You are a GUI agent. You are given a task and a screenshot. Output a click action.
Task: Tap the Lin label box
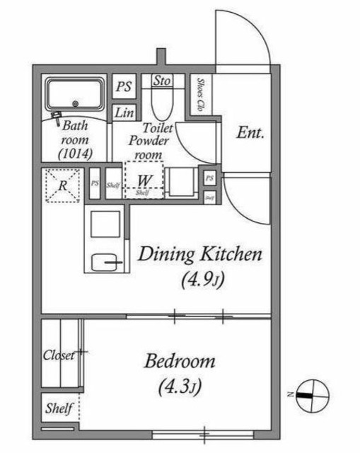124,113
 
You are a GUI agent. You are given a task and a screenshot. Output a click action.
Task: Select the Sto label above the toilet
161,81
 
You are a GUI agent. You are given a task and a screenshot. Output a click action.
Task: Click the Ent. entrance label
250,132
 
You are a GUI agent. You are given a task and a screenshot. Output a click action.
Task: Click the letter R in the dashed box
63,186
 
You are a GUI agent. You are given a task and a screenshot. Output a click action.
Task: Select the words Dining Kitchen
200,253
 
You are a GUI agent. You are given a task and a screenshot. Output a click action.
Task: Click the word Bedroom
180,362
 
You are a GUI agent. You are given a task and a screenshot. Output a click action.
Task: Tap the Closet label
61,355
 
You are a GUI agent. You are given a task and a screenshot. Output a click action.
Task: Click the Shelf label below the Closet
59,408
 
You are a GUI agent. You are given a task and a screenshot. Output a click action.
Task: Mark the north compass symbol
310,394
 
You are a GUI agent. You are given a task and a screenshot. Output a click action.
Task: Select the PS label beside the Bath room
124,87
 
